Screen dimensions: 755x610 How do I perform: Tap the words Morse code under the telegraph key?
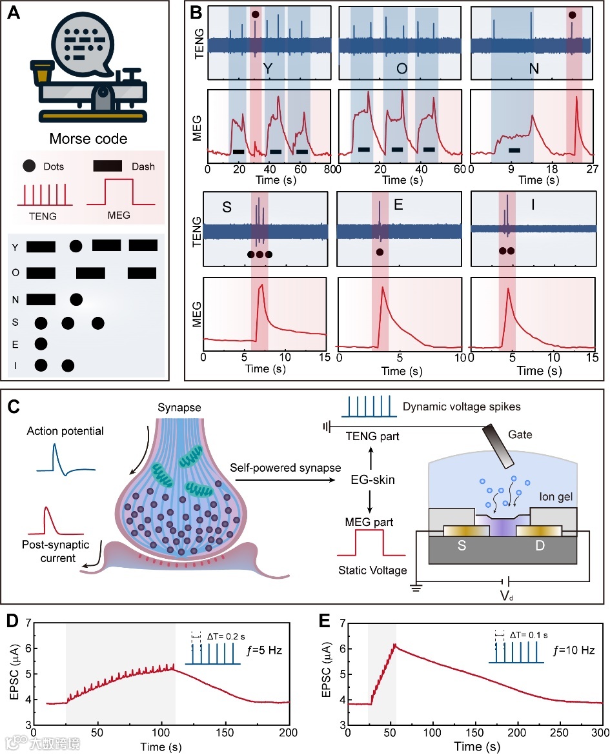[88, 139]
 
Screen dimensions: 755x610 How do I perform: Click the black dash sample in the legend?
[114, 166]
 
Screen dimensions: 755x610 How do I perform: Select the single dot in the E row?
[41, 343]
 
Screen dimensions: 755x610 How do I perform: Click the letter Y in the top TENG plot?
[267, 67]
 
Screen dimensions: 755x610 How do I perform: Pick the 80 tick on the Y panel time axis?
[327, 168]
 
